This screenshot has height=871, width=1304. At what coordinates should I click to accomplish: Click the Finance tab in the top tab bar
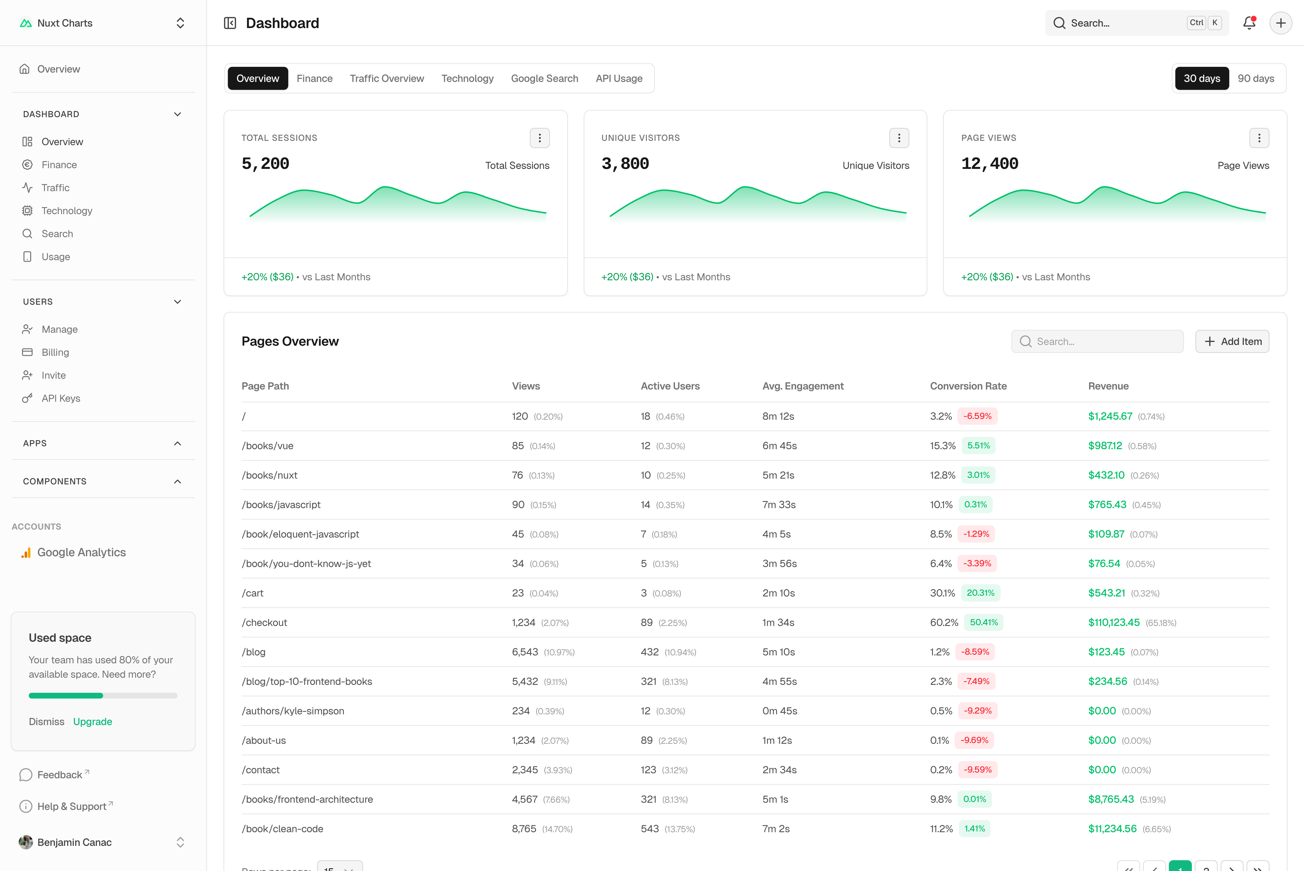pos(314,78)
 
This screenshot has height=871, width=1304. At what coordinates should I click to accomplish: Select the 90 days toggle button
pos(1256,78)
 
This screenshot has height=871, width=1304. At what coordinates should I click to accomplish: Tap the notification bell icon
pos(1249,23)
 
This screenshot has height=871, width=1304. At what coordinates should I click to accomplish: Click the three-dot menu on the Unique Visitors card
pos(899,138)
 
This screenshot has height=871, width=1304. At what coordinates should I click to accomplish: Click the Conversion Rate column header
pos(968,386)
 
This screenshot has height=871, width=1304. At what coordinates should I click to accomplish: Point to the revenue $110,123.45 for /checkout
pos(1114,622)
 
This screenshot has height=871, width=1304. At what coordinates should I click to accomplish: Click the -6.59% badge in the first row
pos(977,416)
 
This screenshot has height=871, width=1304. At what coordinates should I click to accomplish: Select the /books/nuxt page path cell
pos(270,475)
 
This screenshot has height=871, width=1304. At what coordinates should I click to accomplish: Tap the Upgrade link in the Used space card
pos(93,722)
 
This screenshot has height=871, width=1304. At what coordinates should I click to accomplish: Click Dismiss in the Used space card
pos(47,722)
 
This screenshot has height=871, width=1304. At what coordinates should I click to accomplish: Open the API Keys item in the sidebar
pos(60,398)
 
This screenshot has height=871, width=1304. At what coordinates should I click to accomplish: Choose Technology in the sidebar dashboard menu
pos(66,211)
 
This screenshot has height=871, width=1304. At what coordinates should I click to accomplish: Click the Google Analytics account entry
pos(81,552)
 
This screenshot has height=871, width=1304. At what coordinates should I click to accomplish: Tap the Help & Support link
pos(72,806)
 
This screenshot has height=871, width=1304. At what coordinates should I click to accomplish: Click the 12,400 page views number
pos(990,163)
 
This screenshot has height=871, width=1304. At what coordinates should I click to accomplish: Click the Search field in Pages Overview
pos(1097,341)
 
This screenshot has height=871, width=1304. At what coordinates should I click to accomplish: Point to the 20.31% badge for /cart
pos(980,593)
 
